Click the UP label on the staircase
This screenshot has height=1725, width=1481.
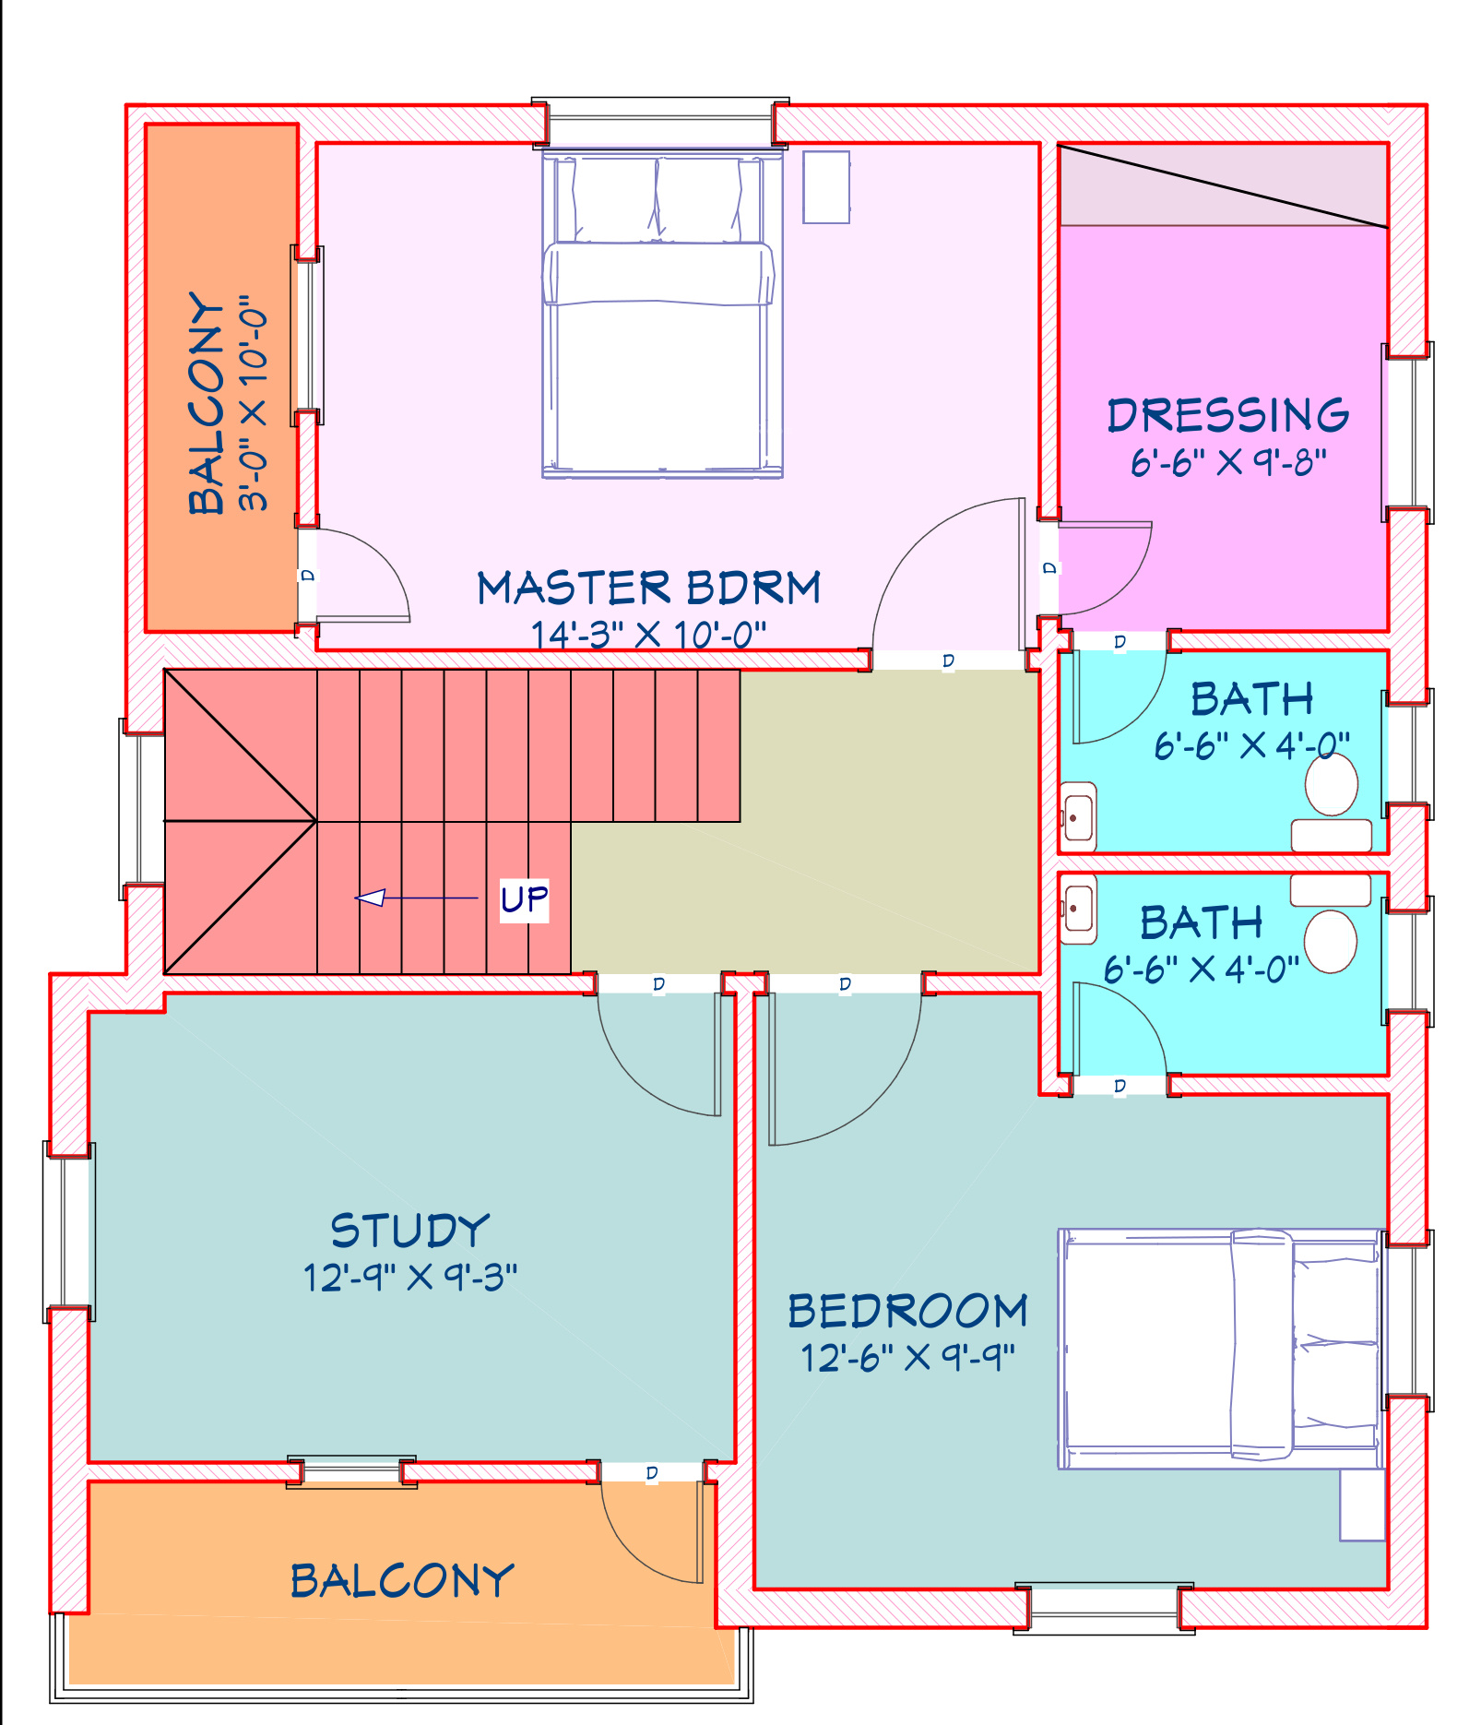coord(524,899)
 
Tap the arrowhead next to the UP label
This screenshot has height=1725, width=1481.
coord(370,898)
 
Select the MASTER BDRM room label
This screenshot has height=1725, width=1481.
coord(648,588)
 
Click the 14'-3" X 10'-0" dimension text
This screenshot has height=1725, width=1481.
coord(648,635)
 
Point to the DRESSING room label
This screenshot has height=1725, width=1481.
coord(1227,415)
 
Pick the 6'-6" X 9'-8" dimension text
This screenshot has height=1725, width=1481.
coord(1228,461)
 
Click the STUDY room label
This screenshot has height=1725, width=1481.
coord(409,1231)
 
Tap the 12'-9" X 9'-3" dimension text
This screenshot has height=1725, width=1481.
coord(410,1278)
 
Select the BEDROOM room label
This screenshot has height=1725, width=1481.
coord(907,1311)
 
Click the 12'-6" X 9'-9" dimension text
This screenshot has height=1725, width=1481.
coord(907,1358)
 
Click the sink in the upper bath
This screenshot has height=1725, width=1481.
coord(1078,817)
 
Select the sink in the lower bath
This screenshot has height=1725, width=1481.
coord(1078,910)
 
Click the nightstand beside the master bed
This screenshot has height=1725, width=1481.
coord(826,187)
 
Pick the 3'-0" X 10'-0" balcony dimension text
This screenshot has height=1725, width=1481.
coord(252,404)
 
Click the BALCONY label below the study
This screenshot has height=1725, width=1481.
coord(402,1581)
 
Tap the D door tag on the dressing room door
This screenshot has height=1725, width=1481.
coord(1049,567)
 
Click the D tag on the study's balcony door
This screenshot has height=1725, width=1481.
coord(652,1473)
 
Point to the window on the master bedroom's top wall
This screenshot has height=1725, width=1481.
coord(660,122)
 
